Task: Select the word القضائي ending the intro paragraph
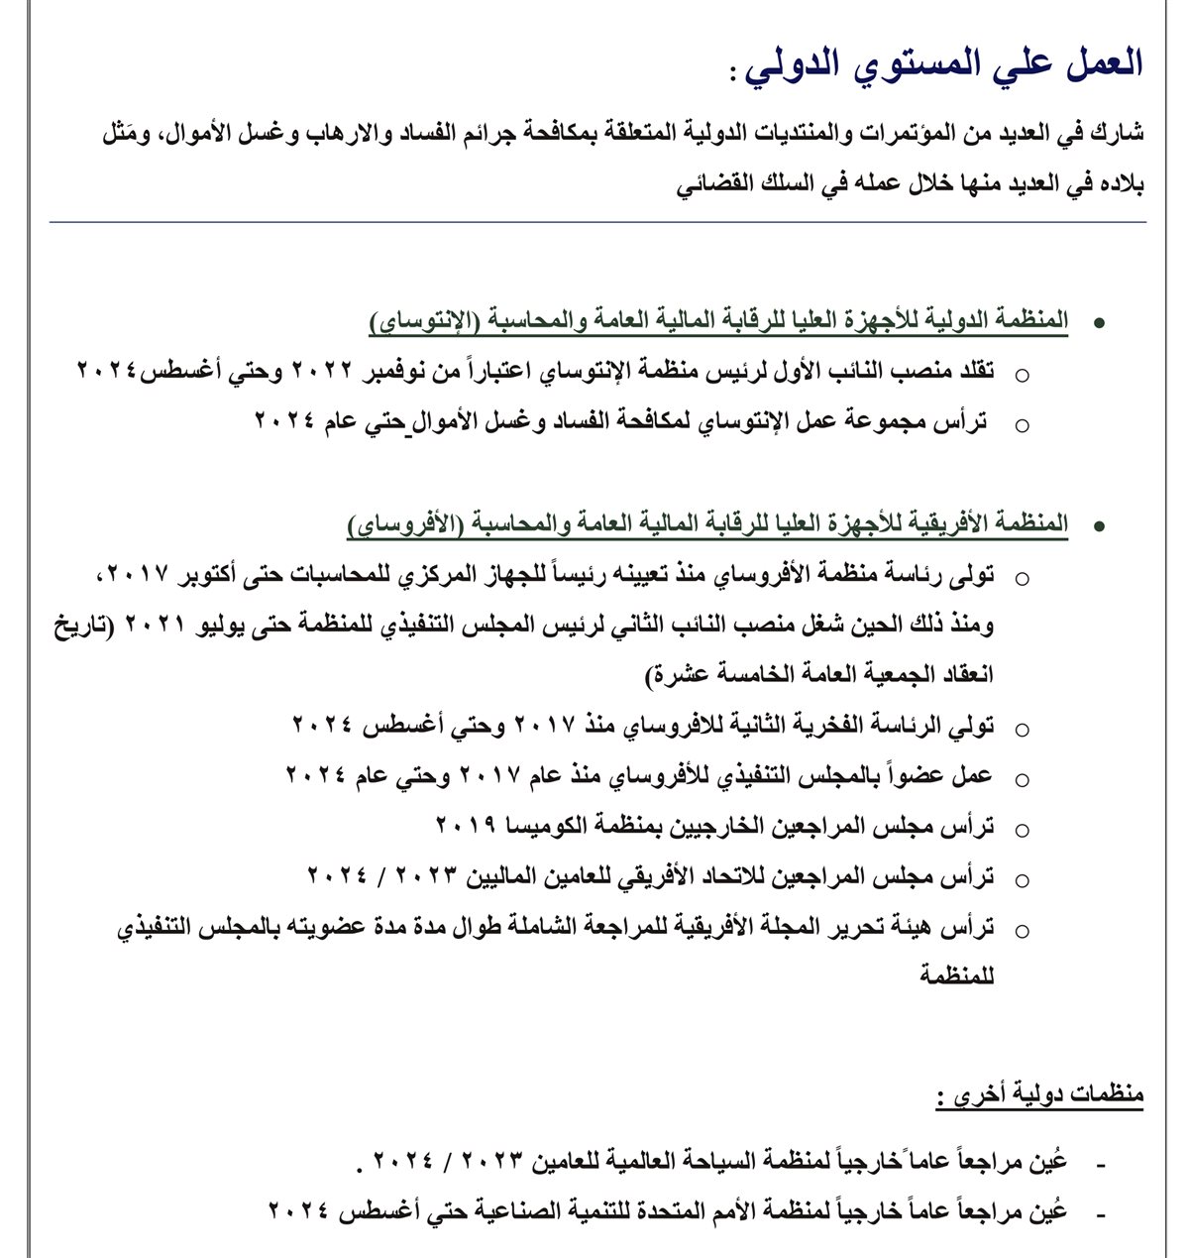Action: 714,184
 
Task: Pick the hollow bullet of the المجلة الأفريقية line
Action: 1022,931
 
